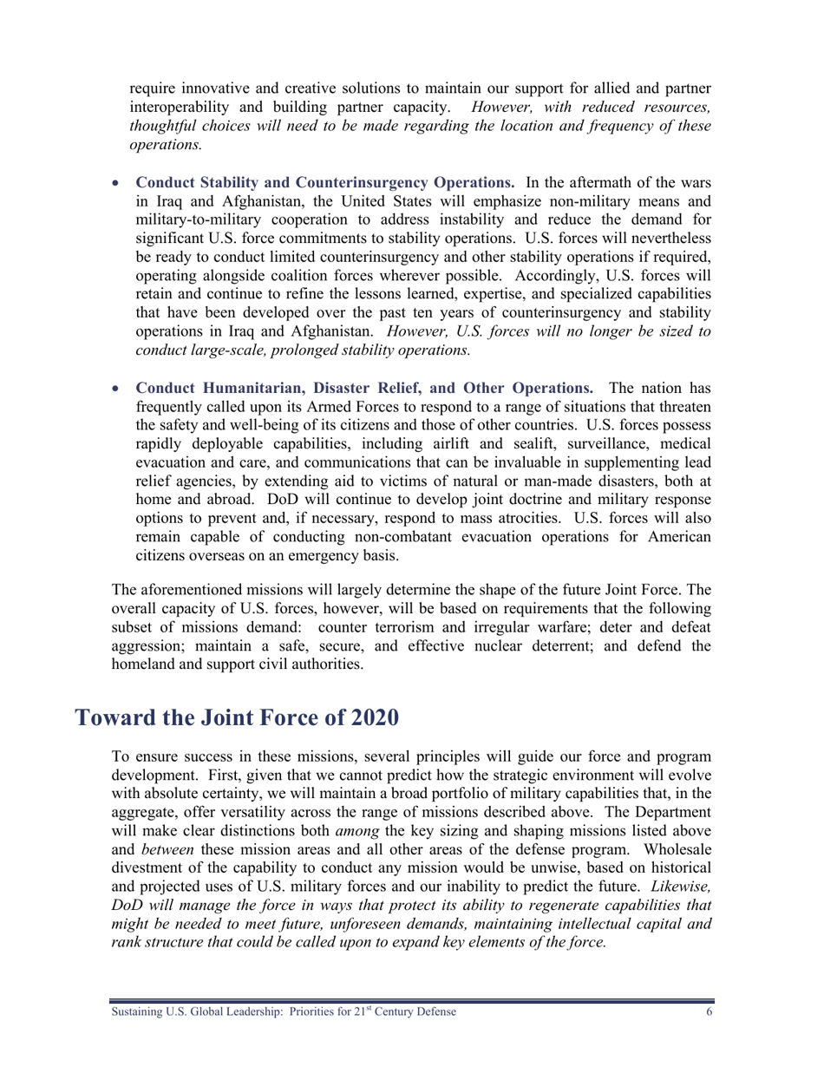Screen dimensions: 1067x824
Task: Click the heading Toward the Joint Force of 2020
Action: (x=237, y=718)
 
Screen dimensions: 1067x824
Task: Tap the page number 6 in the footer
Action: (x=707, y=1012)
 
